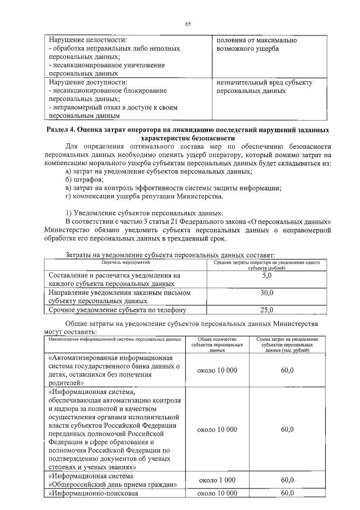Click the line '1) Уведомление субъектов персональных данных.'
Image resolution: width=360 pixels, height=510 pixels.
144,213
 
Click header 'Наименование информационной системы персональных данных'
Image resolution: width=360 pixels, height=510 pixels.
115,340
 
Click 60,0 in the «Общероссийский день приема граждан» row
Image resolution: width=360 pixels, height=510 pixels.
287,480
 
